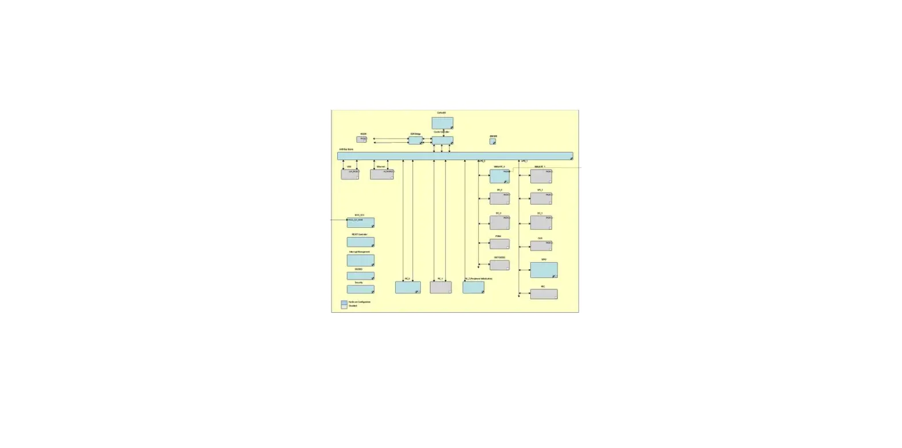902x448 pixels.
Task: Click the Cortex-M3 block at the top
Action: point(442,123)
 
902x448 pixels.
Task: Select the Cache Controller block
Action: point(442,140)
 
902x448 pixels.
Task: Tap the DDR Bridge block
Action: point(415,140)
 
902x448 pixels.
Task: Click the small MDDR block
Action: point(361,139)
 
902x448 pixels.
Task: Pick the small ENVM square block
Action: point(493,141)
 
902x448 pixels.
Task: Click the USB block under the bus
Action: point(350,174)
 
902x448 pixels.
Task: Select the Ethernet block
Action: point(382,174)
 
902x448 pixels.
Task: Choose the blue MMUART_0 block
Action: point(499,176)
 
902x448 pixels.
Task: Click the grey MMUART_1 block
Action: point(541,176)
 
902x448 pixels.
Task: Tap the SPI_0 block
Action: point(499,198)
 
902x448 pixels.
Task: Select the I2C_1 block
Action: point(541,222)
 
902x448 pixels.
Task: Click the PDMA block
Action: point(499,244)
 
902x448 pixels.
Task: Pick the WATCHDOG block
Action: point(499,265)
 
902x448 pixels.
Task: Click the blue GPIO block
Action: point(544,270)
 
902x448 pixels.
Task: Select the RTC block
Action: point(544,294)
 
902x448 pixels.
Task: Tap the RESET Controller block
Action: point(361,242)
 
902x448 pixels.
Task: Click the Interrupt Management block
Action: point(361,261)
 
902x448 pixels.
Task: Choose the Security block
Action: point(361,289)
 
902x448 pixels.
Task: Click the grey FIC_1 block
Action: point(441,287)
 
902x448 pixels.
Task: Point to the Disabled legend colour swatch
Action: point(344,307)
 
